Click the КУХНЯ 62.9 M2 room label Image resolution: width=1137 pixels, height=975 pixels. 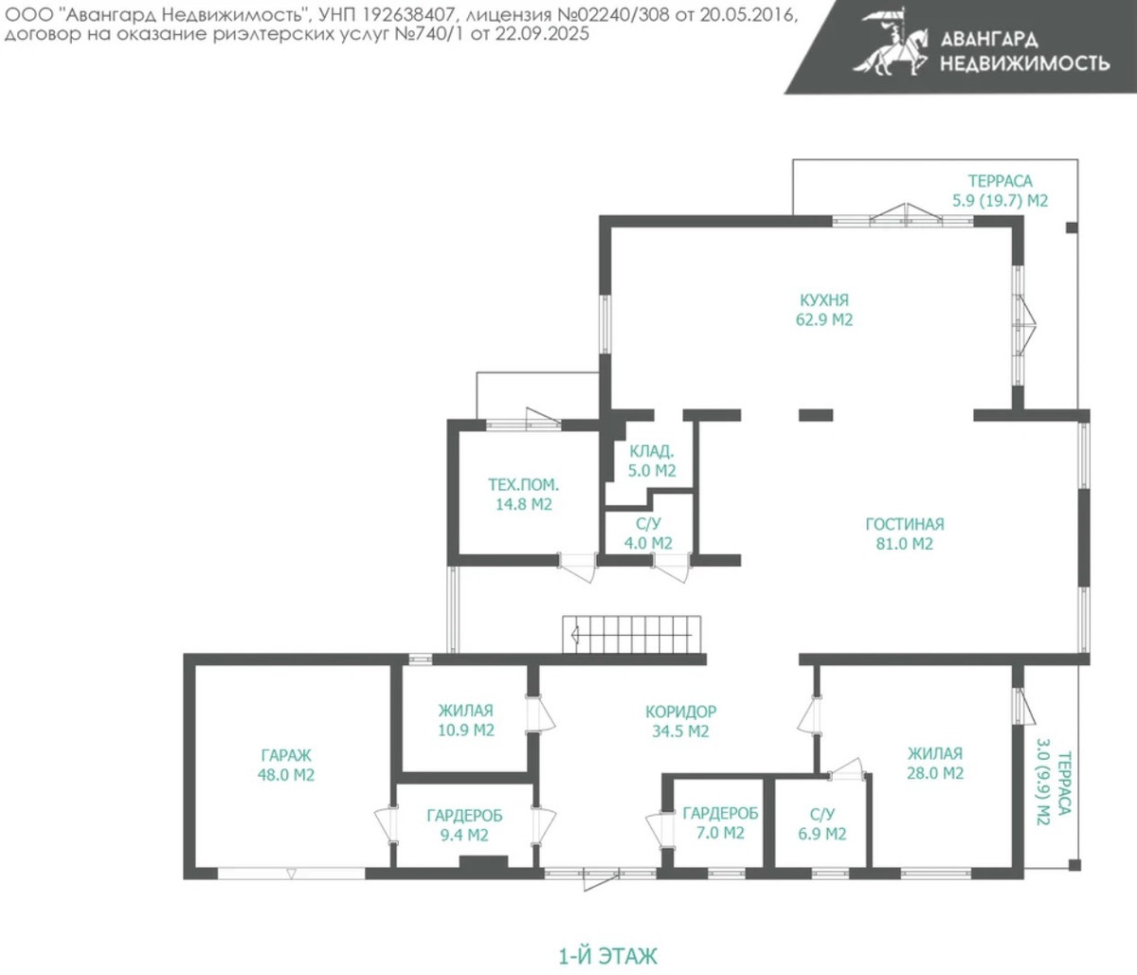pos(824,310)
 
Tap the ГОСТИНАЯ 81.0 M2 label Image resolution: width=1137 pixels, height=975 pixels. pos(905,533)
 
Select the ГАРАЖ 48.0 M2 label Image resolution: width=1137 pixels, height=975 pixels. pos(286,765)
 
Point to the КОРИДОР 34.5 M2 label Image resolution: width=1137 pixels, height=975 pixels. pos(681,721)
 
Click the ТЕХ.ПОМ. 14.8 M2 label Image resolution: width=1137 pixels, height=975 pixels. pos(524,494)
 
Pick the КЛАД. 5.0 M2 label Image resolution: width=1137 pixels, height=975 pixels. pos(652,461)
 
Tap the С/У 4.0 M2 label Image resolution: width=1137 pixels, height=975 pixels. pos(648,533)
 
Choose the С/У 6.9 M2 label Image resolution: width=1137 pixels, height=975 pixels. pos(822,824)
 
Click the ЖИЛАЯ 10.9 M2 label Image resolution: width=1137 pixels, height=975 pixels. pos(466,720)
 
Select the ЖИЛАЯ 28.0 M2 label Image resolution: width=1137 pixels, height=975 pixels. pos(935,763)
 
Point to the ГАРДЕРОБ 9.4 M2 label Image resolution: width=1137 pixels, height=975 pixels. pos(465,825)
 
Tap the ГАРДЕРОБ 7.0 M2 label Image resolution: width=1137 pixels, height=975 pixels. pos(721,823)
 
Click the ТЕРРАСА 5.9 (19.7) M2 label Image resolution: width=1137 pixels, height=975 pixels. pos(1000,190)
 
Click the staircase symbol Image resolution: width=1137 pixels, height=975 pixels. pos(631,635)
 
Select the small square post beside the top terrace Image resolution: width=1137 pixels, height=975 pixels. pos(1072,227)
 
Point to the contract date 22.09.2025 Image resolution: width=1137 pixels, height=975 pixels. pos(542,34)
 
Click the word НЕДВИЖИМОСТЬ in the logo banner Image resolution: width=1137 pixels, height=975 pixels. pos(1025,63)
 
